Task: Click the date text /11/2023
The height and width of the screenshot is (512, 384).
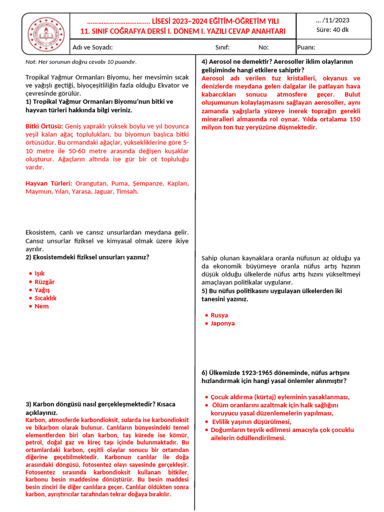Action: click(x=333, y=20)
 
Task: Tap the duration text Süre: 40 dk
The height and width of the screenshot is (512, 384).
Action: click(x=333, y=29)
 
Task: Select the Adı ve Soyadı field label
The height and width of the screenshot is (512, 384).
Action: click(x=92, y=47)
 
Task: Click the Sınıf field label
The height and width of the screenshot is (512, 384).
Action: click(x=222, y=47)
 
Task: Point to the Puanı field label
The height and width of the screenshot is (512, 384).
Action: click(x=306, y=47)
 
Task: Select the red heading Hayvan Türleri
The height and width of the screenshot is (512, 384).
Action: click(x=48, y=183)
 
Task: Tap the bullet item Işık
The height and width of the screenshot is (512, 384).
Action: click(x=39, y=273)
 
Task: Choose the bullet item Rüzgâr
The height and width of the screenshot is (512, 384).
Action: click(x=44, y=281)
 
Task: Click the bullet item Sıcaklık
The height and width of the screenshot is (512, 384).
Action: click(x=45, y=298)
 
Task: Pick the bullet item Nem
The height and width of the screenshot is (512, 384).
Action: click(x=41, y=306)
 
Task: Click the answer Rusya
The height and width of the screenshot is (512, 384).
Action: click(x=219, y=315)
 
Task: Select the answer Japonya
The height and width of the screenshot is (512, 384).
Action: click(x=222, y=323)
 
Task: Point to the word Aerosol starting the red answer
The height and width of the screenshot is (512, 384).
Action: click(x=213, y=78)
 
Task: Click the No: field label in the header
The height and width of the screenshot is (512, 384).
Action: click(x=263, y=47)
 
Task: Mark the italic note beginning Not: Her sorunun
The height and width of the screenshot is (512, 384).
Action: click(x=81, y=62)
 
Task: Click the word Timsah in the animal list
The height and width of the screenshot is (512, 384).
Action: click(x=127, y=191)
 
